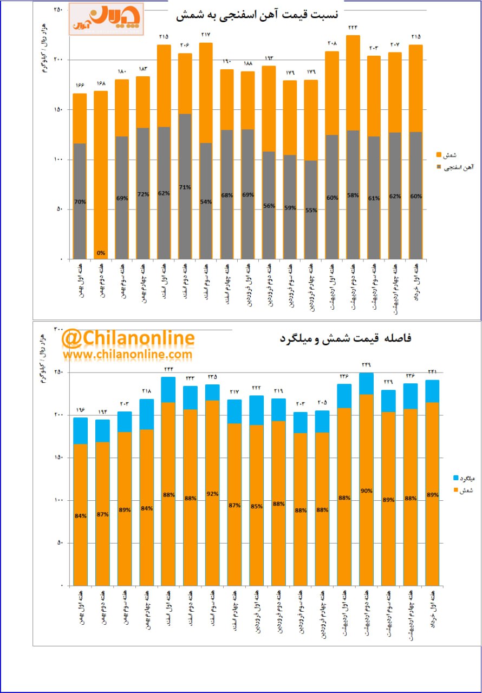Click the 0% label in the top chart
click(101, 252)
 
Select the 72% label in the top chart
click(143, 194)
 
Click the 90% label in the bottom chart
click(366, 491)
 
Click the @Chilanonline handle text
click(128, 338)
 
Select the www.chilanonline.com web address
click(127, 354)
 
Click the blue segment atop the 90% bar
click(366, 383)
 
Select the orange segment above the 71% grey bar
click(185, 83)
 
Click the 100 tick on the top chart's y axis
click(57, 160)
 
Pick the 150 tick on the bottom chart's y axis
click(57, 457)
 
